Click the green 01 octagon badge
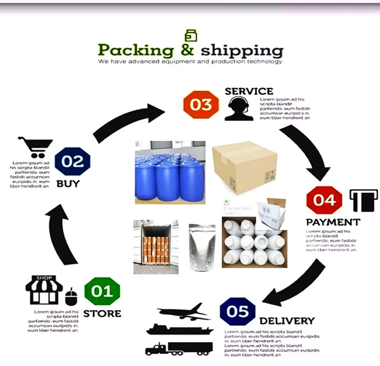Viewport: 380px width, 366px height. coord(102,291)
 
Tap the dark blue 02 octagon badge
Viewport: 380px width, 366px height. coord(72,161)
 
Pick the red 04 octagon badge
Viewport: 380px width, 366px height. coord(325,200)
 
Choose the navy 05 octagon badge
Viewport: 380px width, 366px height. coord(237,311)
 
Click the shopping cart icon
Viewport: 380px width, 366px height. coord(35,147)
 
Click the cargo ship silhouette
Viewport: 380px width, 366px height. coord(179,329)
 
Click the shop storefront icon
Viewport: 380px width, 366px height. coord(44,290)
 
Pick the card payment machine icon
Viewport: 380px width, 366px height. coord(364,200)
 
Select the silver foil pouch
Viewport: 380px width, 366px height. coord(202,248)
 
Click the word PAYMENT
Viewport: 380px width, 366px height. coord(333,222)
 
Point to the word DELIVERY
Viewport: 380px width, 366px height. coord(286,321)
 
